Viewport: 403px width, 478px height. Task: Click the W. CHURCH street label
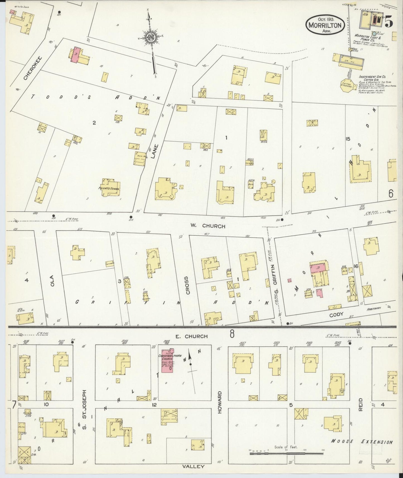point(208,226)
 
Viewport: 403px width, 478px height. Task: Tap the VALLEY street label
point(193,466)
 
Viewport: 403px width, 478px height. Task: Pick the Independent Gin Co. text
point(372,76)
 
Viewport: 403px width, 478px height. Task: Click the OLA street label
point(52,280)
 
